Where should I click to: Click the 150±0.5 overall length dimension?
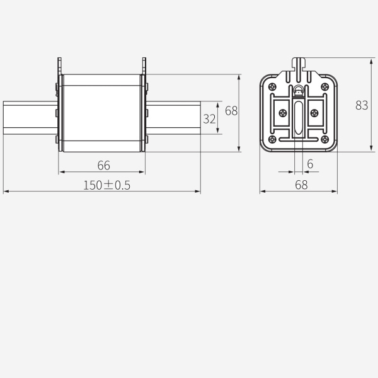[x=102, y=185]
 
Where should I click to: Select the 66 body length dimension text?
[x=104, y=165]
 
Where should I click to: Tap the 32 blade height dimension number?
[x=209, y=118]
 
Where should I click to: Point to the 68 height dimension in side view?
[x=231, y=111]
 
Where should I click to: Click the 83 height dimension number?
[x=361, y=105]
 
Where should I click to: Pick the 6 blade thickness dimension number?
[x=310, y=164]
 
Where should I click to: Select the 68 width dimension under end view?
[x=301, y=185]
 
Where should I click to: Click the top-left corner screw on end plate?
[x=272, y=86]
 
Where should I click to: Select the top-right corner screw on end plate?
[x=324, y=86]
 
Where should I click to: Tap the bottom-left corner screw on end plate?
[x=272, y=139]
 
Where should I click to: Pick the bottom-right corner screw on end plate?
[x=324, y=139]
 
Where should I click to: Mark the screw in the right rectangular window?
[x=313, y=113]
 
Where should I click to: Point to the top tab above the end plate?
[x=299, y=64]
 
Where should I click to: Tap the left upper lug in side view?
[x=60, y=66]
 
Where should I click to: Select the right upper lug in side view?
[x=144, y=66]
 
